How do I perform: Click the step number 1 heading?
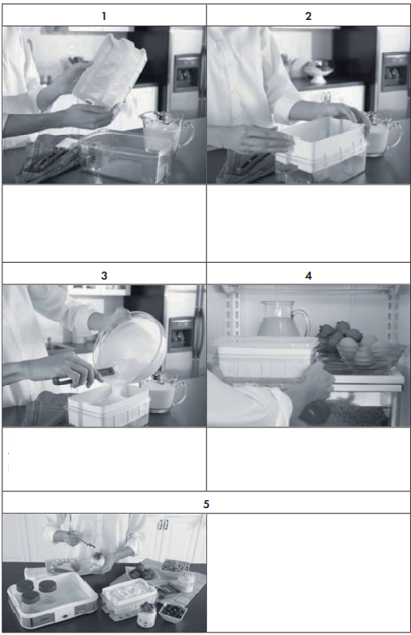click(104, 16)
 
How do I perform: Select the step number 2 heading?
click(309, 16)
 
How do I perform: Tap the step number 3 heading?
click(104, 276)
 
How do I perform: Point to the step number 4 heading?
click(309, 276)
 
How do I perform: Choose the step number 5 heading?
click(206, 504)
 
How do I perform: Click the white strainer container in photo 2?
click(320, 148)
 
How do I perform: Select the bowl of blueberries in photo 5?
click(172, 611)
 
